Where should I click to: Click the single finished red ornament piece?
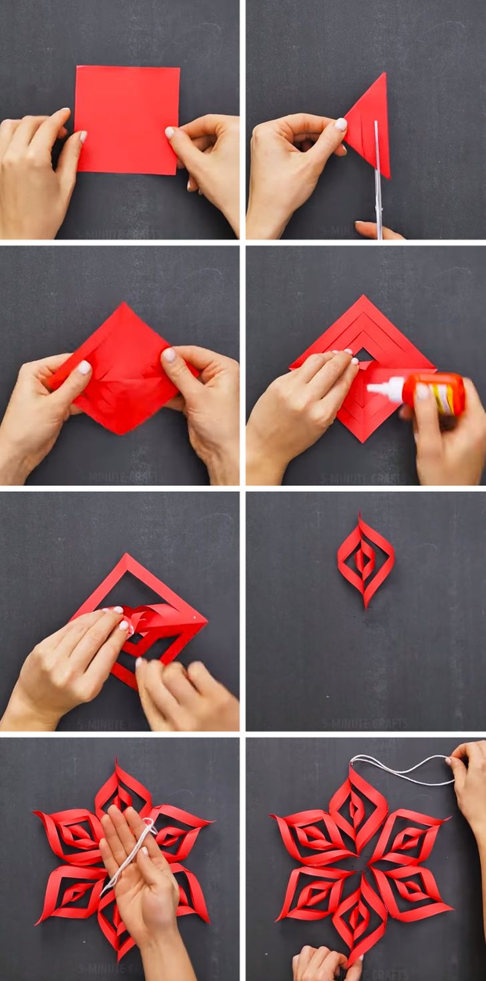[365, 559]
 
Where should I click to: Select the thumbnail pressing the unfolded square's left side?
[84, 367]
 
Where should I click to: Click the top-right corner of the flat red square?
[178, 67]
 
